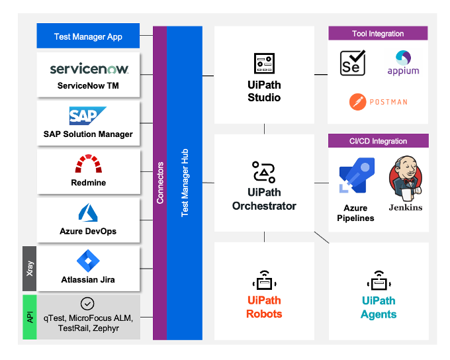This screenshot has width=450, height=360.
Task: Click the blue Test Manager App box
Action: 88,36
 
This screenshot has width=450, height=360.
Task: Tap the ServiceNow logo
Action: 89,69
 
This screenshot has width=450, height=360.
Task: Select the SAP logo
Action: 87,116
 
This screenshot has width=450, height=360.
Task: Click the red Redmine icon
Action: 88,163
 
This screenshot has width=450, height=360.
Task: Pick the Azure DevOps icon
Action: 88,212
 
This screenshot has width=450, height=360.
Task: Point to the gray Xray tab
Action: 29,267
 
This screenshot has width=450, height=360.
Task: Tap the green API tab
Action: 29,317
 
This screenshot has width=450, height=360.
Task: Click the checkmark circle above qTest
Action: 87,303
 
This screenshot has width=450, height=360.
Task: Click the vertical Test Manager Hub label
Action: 185,182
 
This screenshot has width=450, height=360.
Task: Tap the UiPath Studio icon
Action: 264,64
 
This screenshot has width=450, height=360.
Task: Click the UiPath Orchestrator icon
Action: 264,171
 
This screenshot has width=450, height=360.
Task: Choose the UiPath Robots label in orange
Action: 264,307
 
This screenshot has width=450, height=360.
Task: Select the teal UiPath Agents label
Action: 379,307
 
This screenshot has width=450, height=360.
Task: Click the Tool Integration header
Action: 378,33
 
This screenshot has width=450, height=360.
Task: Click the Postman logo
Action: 378,102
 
